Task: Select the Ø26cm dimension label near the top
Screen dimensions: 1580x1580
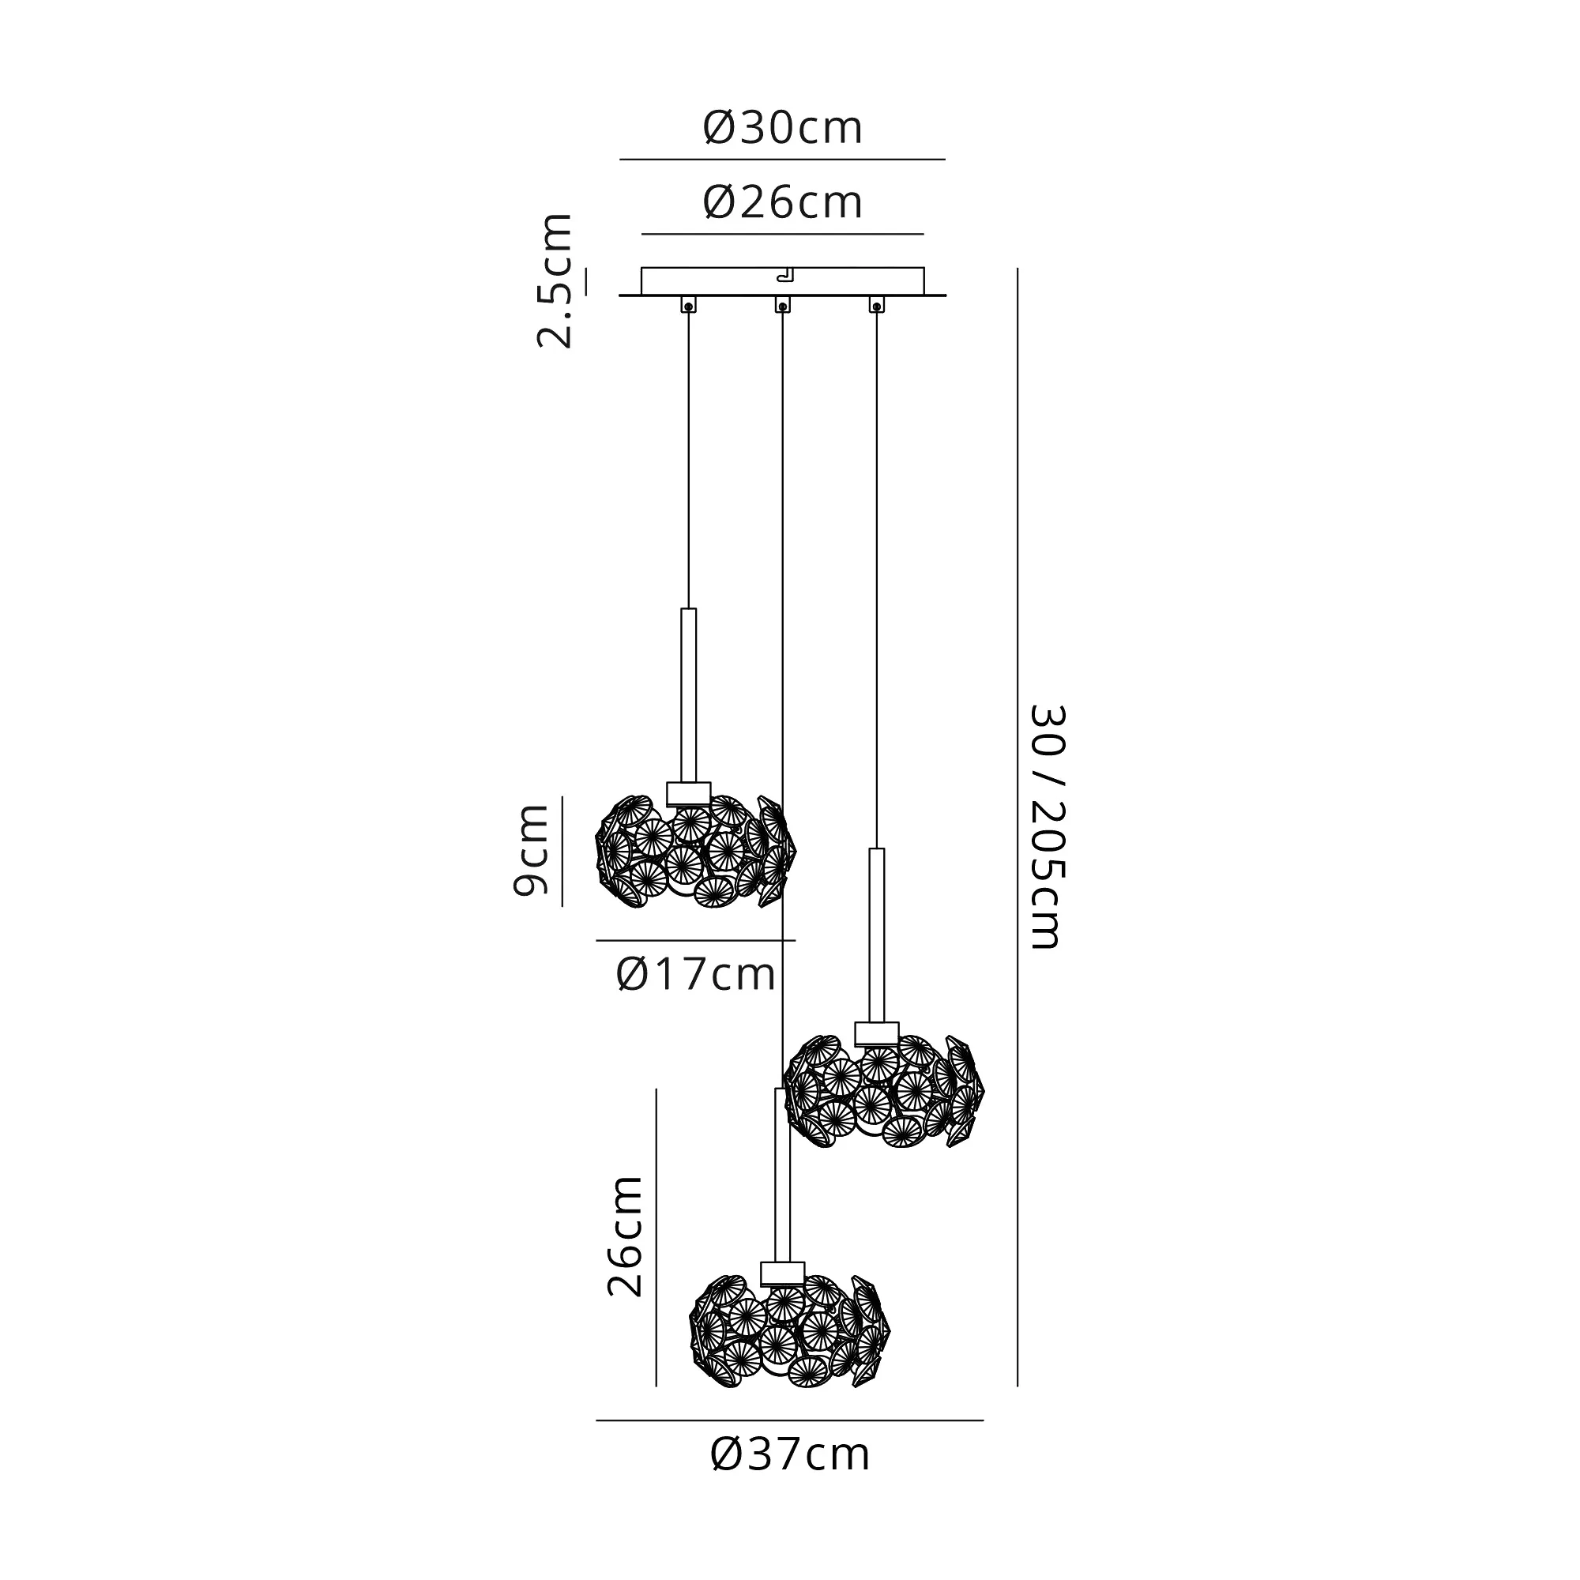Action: point(783,202)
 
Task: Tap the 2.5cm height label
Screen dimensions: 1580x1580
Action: point(555,280)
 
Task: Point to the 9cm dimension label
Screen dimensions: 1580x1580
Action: point(530,851)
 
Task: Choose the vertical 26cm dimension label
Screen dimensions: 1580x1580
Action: point(625,1236)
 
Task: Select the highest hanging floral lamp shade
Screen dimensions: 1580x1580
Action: point(695,851)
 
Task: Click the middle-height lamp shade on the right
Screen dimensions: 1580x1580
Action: point(884,1091)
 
